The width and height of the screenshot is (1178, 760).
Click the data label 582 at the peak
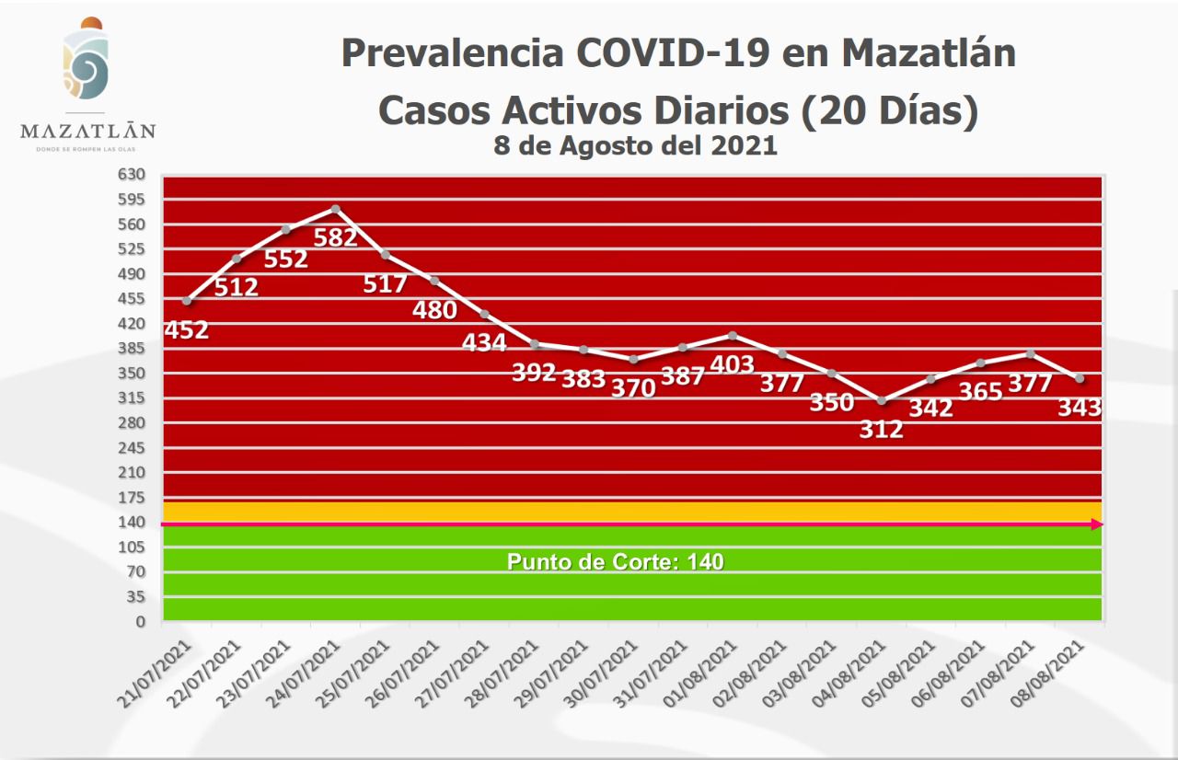click(x=335, y=237)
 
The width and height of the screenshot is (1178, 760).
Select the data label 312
click(x=882, y=429)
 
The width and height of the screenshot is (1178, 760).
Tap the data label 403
click(x=733, y=364)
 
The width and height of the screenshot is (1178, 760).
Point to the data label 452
click(x=186, y=329)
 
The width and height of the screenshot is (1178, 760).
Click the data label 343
click(x=1080, y=407)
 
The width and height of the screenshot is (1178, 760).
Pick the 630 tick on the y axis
click(x=132, y=174)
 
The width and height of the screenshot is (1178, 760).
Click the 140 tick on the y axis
click(x=132, y=522)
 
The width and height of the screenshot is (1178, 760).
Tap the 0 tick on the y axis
click(x=141, y=622)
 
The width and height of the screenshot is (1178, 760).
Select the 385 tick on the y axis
click(x=132, y=348)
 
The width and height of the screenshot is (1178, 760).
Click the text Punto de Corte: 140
click(x=616, y=561)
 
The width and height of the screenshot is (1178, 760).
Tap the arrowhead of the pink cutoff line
click(x=1097, y=524)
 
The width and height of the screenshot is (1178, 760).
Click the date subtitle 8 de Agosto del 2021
click(x=635, y=145)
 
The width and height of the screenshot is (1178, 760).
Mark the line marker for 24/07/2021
click(x=336, y=209)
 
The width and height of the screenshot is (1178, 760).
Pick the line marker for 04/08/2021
click(x=882, y=400)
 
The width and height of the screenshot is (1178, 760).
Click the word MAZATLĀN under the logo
click(x=87, y=130)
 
